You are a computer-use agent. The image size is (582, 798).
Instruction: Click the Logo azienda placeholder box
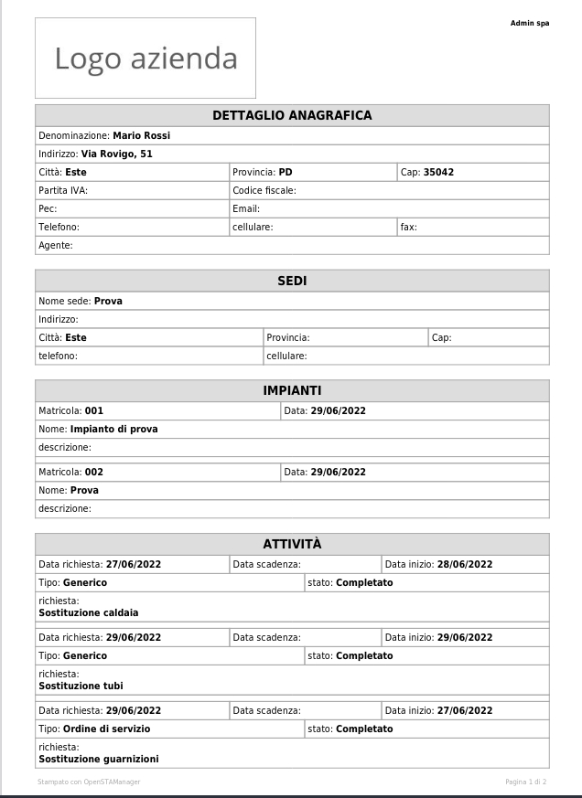point(145,59)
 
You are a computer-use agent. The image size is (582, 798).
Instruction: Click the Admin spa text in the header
point(529,23)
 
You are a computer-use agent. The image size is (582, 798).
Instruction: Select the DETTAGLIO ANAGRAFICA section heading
point(292,115)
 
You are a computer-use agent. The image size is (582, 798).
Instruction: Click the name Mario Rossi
point(141,135)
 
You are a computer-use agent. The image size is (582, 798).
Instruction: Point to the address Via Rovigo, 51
point(116,154)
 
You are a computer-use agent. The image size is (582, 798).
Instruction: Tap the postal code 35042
point(438,172)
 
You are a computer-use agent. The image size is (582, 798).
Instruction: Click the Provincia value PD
point(286,172)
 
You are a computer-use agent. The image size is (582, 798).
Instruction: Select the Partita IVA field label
point(63,190)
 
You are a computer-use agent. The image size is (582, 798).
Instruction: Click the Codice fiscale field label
point(264,190)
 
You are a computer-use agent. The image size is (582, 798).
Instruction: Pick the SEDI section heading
point(292,281)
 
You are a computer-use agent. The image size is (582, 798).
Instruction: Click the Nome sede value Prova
point(108,301)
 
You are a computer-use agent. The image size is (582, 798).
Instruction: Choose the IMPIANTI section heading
point(292,390)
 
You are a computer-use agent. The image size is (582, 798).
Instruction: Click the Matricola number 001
point(94,410)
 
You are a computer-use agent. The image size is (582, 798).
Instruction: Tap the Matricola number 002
point(94,472)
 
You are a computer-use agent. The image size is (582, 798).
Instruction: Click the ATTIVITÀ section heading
point(292,544)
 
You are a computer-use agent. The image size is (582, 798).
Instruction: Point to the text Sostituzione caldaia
point(89,612)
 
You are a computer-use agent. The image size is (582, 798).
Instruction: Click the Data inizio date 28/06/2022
point(465,564)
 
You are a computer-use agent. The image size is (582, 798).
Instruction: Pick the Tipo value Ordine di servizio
point(106,729)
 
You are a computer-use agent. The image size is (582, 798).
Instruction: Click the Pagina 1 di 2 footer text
point(525,782)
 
